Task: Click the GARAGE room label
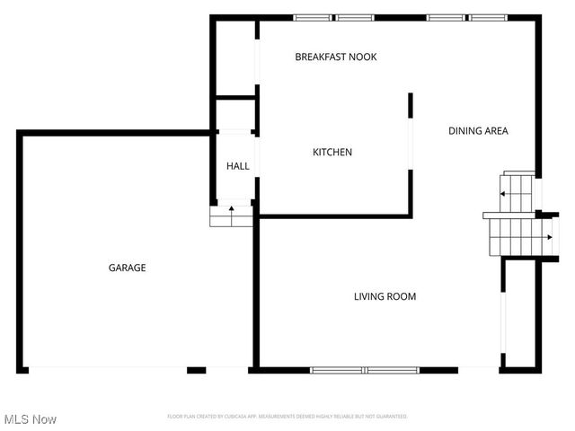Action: click(x=128, y=268)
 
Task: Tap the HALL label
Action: click(x=238, y=166)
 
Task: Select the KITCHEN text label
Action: click(x=332, y=153)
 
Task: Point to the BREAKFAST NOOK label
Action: click(x=336, y=57)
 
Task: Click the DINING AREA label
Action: click(x=478, y=131)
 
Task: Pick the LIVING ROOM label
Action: click(x=385, y=296)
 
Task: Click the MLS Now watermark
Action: click(x=31, y=419)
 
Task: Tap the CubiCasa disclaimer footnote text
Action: click(x=287, y=417)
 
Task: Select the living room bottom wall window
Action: click(x=366, y=370)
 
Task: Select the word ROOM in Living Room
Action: click(x=402, y=296)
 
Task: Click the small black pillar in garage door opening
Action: click(x=197, y=370)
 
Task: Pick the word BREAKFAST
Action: click(x=321, y=57)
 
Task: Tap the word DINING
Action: click(x=464, y=131)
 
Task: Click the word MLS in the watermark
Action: click(x=16, y=419)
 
